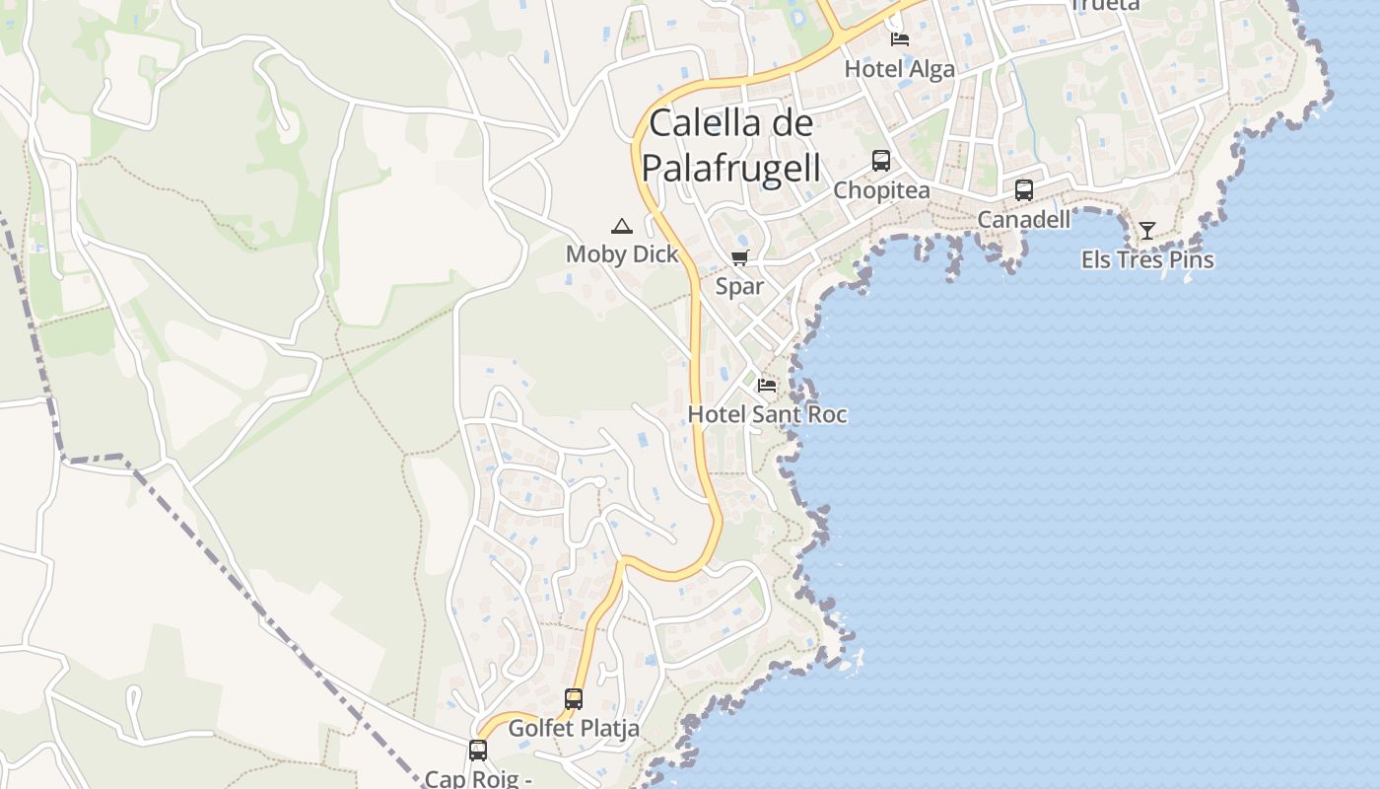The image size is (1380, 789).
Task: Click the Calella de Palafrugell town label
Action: click(731, 146)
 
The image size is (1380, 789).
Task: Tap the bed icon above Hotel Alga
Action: click(900, 39)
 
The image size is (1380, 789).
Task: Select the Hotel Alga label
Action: click(900, 69)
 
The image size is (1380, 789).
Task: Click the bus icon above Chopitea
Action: click(881, 160)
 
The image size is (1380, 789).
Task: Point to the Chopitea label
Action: click(881, 190)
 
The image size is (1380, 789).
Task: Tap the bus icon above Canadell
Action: click(1024, 189)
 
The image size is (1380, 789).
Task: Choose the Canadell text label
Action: click(1023, 220)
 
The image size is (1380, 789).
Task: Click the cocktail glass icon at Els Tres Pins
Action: click(1147, 231)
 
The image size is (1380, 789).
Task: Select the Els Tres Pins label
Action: click(1147, 260)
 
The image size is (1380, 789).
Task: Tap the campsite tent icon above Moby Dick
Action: click(621, 226)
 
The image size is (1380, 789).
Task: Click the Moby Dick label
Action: click(622, 254)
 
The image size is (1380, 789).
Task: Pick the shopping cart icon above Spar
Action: click(739, 258)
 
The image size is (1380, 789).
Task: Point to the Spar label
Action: click(739, 287)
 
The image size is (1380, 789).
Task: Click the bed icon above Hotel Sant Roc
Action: click(767, 385)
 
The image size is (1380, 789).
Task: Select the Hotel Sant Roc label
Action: click(767, 414)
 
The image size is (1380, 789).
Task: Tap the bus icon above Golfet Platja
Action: click(574, 699)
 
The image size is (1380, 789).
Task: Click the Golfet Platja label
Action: click(574, 729)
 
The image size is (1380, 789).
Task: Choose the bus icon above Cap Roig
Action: click(478, 751)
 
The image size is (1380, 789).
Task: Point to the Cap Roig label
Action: click(479, 778)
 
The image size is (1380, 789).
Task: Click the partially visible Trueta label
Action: click(1105, 5)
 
